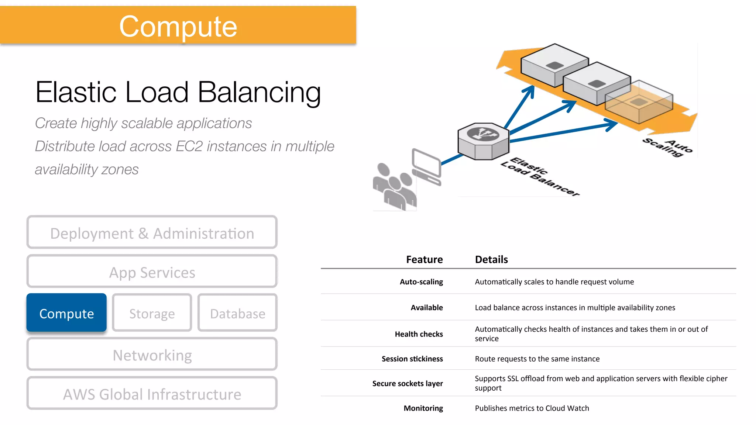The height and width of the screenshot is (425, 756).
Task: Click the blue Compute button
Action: point(66,313)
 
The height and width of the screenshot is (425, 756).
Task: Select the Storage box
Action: point(152,313)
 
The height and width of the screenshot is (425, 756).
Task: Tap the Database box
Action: point(237,313)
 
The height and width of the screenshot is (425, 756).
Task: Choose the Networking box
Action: point(152,355)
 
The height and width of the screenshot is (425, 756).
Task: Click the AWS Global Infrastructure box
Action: point(152,394)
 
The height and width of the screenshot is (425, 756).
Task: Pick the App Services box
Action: point(152,272)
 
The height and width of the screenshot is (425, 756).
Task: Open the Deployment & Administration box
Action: point(152,233)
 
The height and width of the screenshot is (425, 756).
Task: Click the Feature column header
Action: point(424,259)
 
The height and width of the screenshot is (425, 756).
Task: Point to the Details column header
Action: point(491,259)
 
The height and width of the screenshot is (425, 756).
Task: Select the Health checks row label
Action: point(419,334)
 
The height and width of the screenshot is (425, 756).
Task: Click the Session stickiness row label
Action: point(412,359)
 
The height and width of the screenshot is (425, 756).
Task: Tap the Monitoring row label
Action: point(423,408)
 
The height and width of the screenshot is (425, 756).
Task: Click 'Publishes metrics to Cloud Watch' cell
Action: point(532,408)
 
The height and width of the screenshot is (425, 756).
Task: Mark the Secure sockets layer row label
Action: point(407,383)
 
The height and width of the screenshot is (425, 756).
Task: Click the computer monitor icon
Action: point(427,166)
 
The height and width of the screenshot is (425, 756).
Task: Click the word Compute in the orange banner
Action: point(178,27)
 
